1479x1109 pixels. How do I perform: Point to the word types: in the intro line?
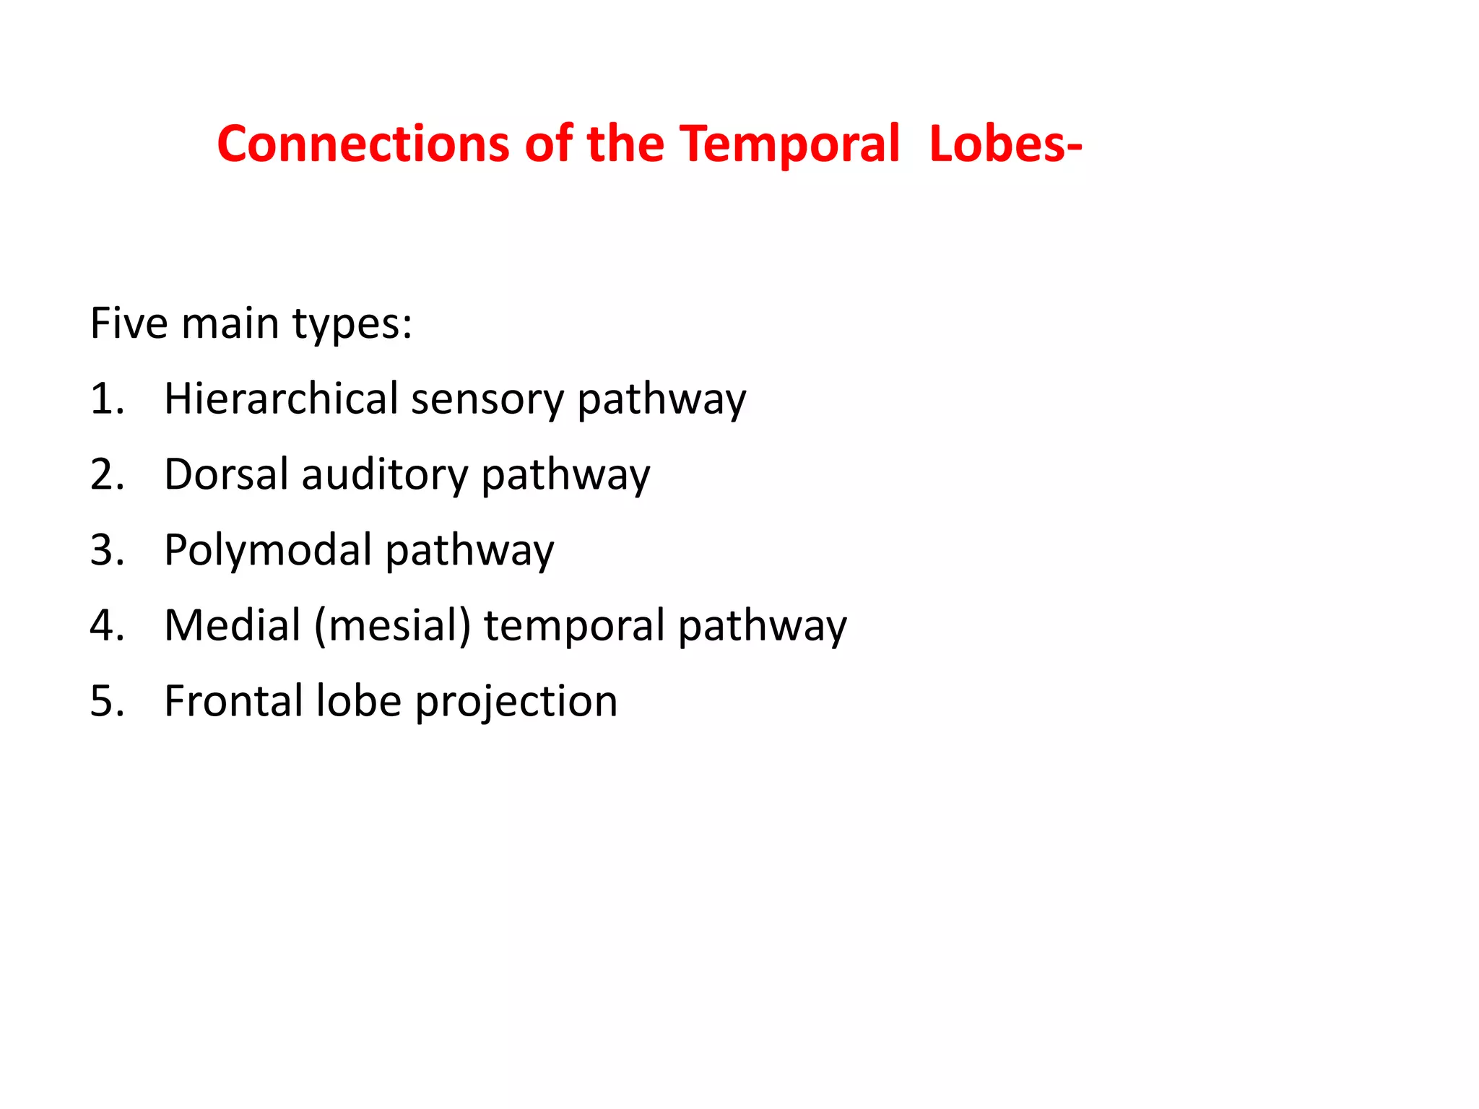click(x=352, y=324)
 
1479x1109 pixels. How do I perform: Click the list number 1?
click(x=106, y=399)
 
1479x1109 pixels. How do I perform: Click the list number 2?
click(x=106, y=474)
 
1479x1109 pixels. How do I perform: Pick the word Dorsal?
click(x=226, y=474)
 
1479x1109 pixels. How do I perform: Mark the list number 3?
click(x=106, y=550)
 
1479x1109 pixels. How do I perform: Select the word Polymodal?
click(x=268, y=552)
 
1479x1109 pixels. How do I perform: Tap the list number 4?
click(x=106, y=625)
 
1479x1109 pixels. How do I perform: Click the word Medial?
click(x=232, y=625)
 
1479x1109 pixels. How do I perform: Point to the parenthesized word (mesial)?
click(x=392, y=625)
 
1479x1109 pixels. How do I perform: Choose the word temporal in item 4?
click(x=573, y=627)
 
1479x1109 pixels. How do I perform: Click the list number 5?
click(x=106, y=701)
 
